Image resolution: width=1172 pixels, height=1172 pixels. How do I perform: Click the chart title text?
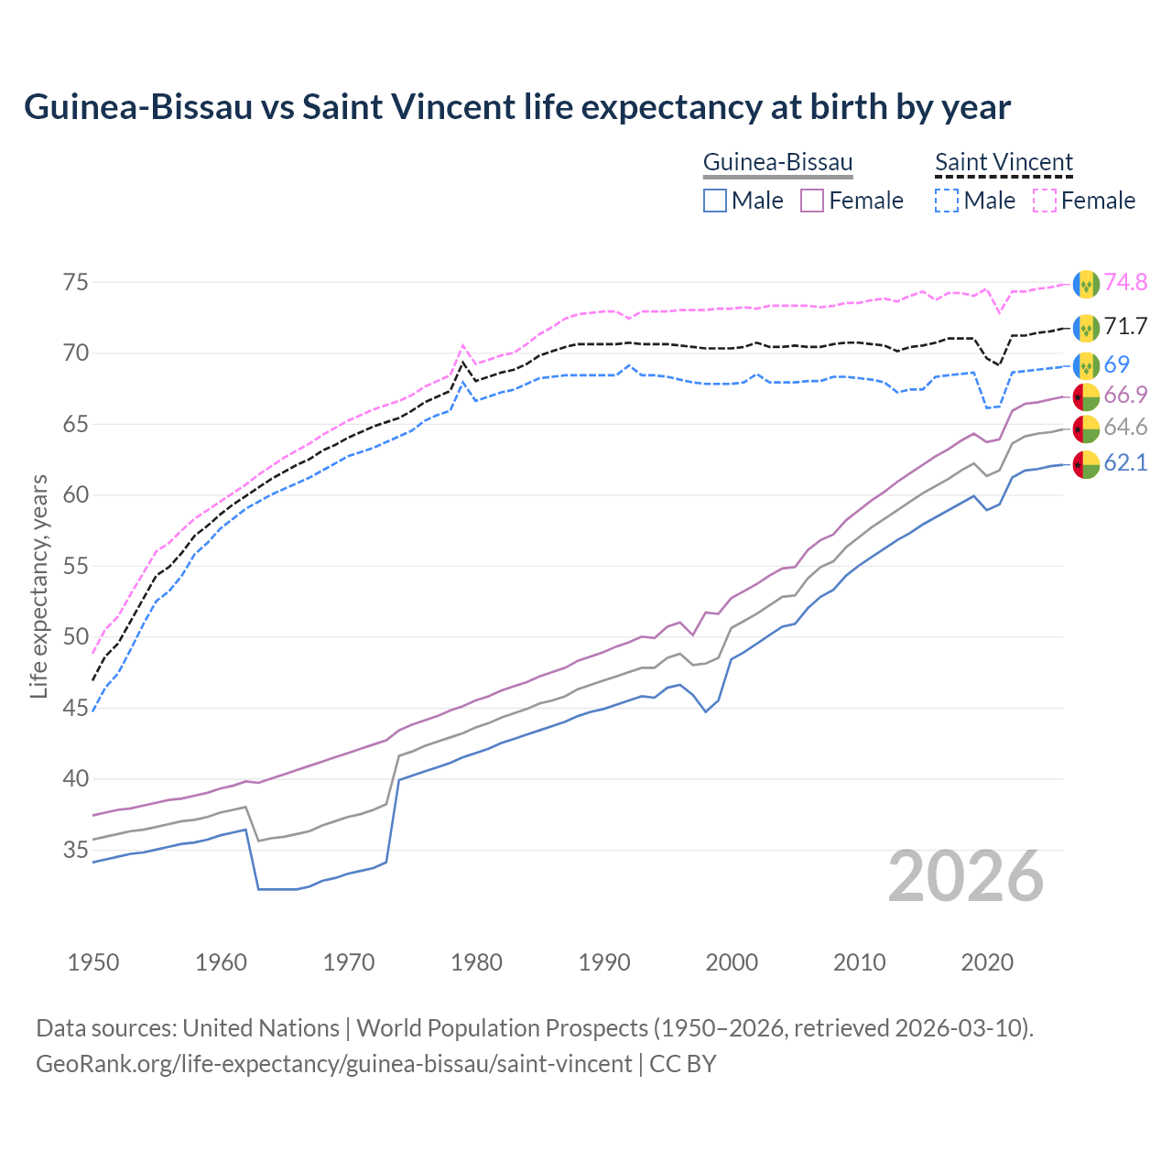517,107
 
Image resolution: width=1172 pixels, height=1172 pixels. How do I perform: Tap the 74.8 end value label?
1125,282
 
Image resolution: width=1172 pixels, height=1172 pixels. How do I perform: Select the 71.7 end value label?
1125,326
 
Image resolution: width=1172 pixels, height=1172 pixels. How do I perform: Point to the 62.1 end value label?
1125,462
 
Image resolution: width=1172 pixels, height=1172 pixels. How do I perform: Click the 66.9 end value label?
1125,395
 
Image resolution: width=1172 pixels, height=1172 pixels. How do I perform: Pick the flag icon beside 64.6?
1086,429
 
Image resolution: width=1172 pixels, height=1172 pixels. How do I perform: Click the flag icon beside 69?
1086,365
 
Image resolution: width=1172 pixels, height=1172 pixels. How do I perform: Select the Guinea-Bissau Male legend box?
715,201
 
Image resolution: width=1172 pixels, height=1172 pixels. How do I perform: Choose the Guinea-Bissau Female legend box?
812,201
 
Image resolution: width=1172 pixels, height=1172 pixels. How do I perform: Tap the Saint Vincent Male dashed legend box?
947,201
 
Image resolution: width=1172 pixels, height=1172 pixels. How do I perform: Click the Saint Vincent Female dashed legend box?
1045,201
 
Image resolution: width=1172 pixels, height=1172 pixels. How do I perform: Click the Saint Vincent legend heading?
1004,162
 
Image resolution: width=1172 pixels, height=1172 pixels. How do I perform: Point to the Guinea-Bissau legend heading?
777,162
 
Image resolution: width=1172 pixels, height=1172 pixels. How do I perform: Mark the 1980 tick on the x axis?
477,962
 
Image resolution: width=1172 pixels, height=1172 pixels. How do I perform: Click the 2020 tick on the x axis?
988,962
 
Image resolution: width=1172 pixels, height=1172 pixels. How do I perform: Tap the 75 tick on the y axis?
76,282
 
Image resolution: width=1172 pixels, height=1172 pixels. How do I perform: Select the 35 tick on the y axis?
76,850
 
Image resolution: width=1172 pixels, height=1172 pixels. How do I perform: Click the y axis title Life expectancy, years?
38,586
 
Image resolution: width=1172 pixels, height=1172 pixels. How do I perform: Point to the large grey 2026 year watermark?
965,876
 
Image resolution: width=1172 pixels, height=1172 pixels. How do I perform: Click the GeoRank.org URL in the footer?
333,1064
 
